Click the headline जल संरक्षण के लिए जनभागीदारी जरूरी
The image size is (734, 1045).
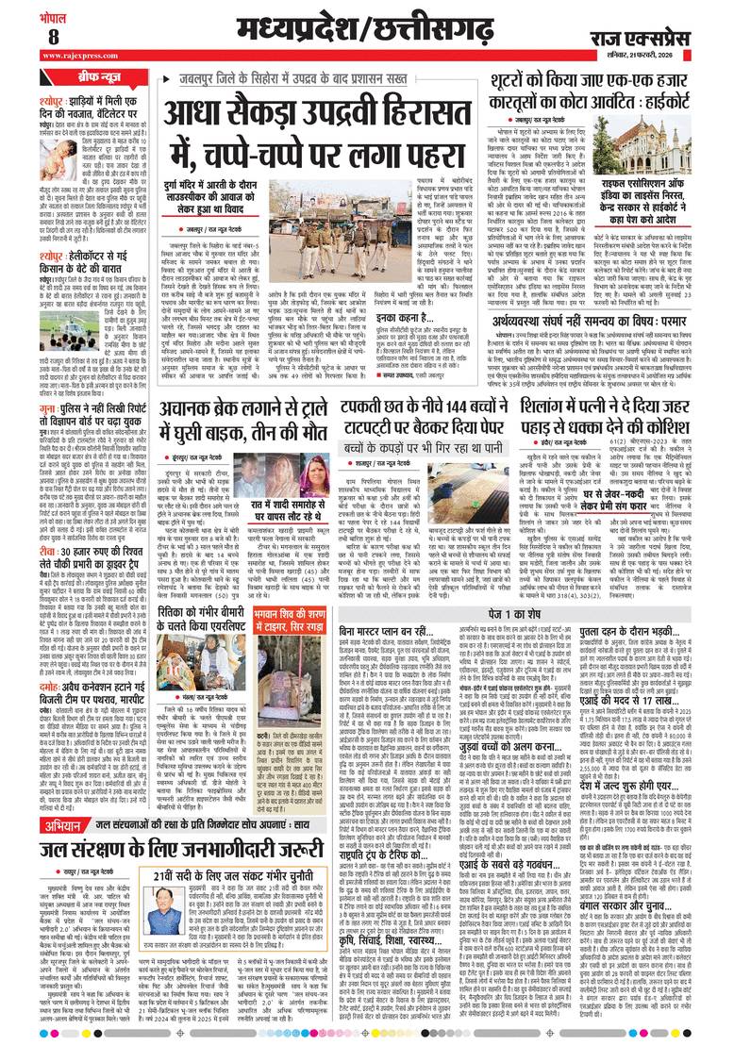point(175,858)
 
